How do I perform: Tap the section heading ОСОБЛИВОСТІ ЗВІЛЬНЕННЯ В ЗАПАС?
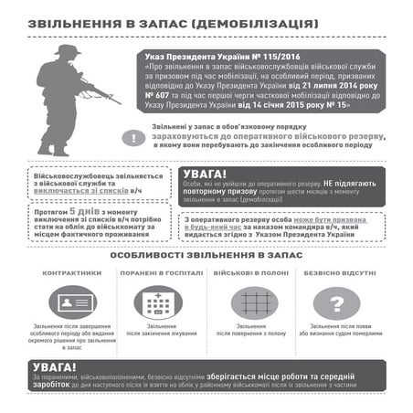coord(206,255)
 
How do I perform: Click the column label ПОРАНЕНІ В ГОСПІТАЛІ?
coord(161,272)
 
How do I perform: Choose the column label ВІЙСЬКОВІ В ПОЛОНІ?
coord(249,272)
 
